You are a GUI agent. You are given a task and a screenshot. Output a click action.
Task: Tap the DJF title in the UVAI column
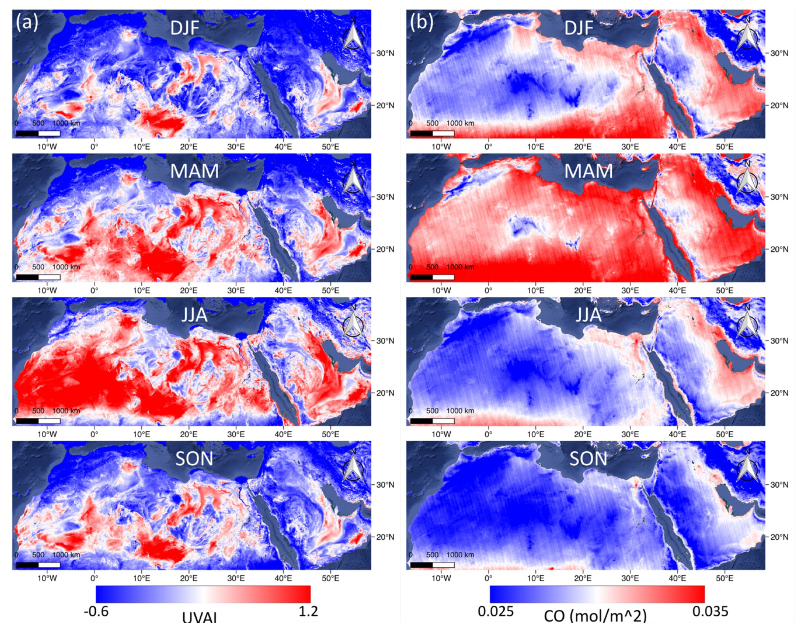tap(185, 28)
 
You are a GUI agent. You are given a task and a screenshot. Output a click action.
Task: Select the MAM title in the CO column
tap(588, 172)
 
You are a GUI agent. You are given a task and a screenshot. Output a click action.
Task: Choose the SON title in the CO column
tap(588, 459)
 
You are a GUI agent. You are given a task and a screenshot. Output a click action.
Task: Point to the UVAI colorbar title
tap(200, 627)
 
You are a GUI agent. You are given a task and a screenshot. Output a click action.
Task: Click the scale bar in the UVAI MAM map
tap(38, 277)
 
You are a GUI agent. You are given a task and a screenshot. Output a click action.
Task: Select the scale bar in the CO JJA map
tap(432, 421)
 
